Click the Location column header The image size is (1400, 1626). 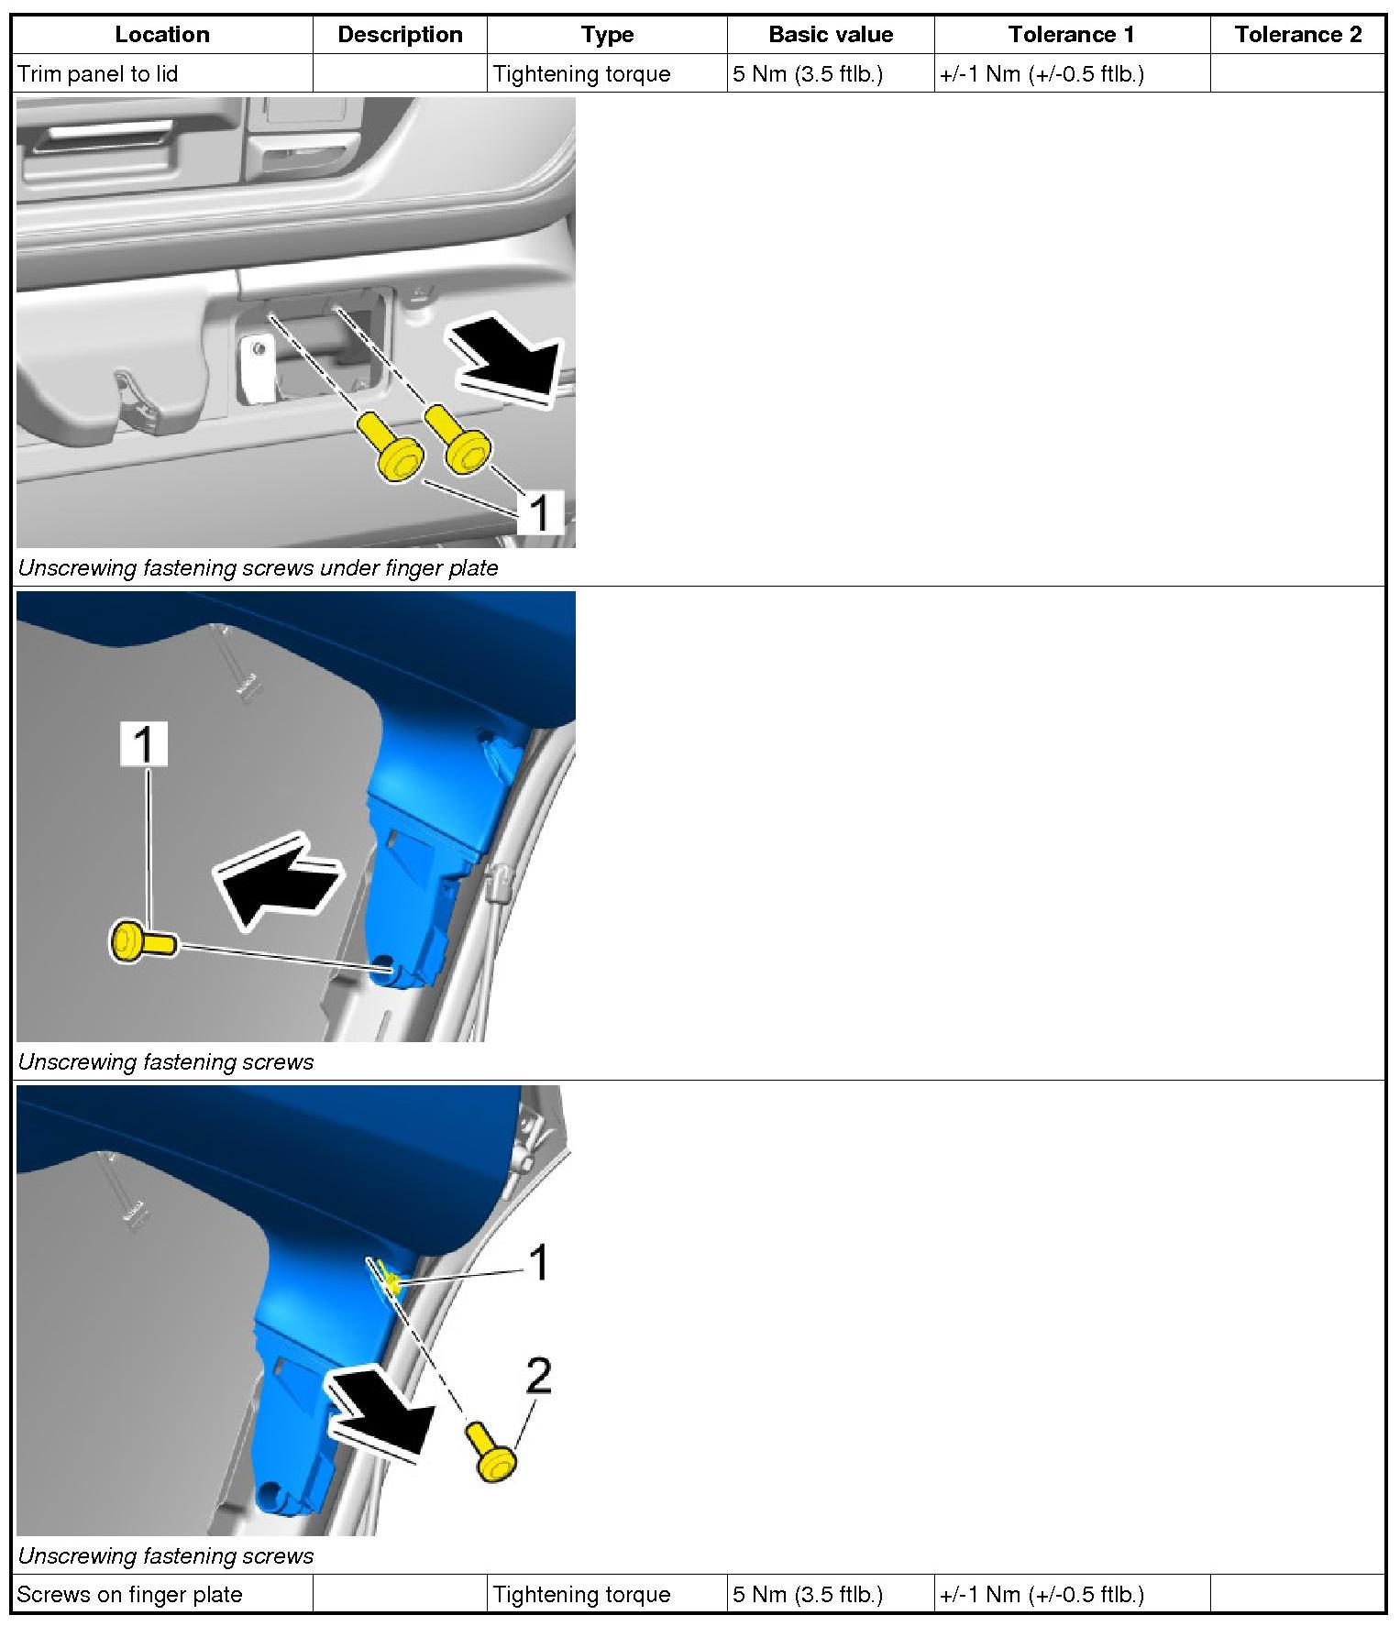(x=162, y=35)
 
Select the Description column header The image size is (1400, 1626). (x=400, y=35)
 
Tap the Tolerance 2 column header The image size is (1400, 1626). (x=1297, y=35)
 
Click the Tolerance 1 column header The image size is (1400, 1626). (x=1071, y=35)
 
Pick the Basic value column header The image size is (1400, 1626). (x=831, y=35)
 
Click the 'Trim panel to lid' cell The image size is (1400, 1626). (x=98, y=73)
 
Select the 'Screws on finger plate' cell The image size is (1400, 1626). (x=129, y=1594)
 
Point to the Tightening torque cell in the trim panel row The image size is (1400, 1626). (x=581, y=73)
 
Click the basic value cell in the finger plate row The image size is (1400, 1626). (x=808, y=1594)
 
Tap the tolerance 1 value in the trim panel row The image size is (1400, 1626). (x=1042, y=73)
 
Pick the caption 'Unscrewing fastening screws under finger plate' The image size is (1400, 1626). (x=258, y=568)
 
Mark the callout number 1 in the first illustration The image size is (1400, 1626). (x=541, y=512)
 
